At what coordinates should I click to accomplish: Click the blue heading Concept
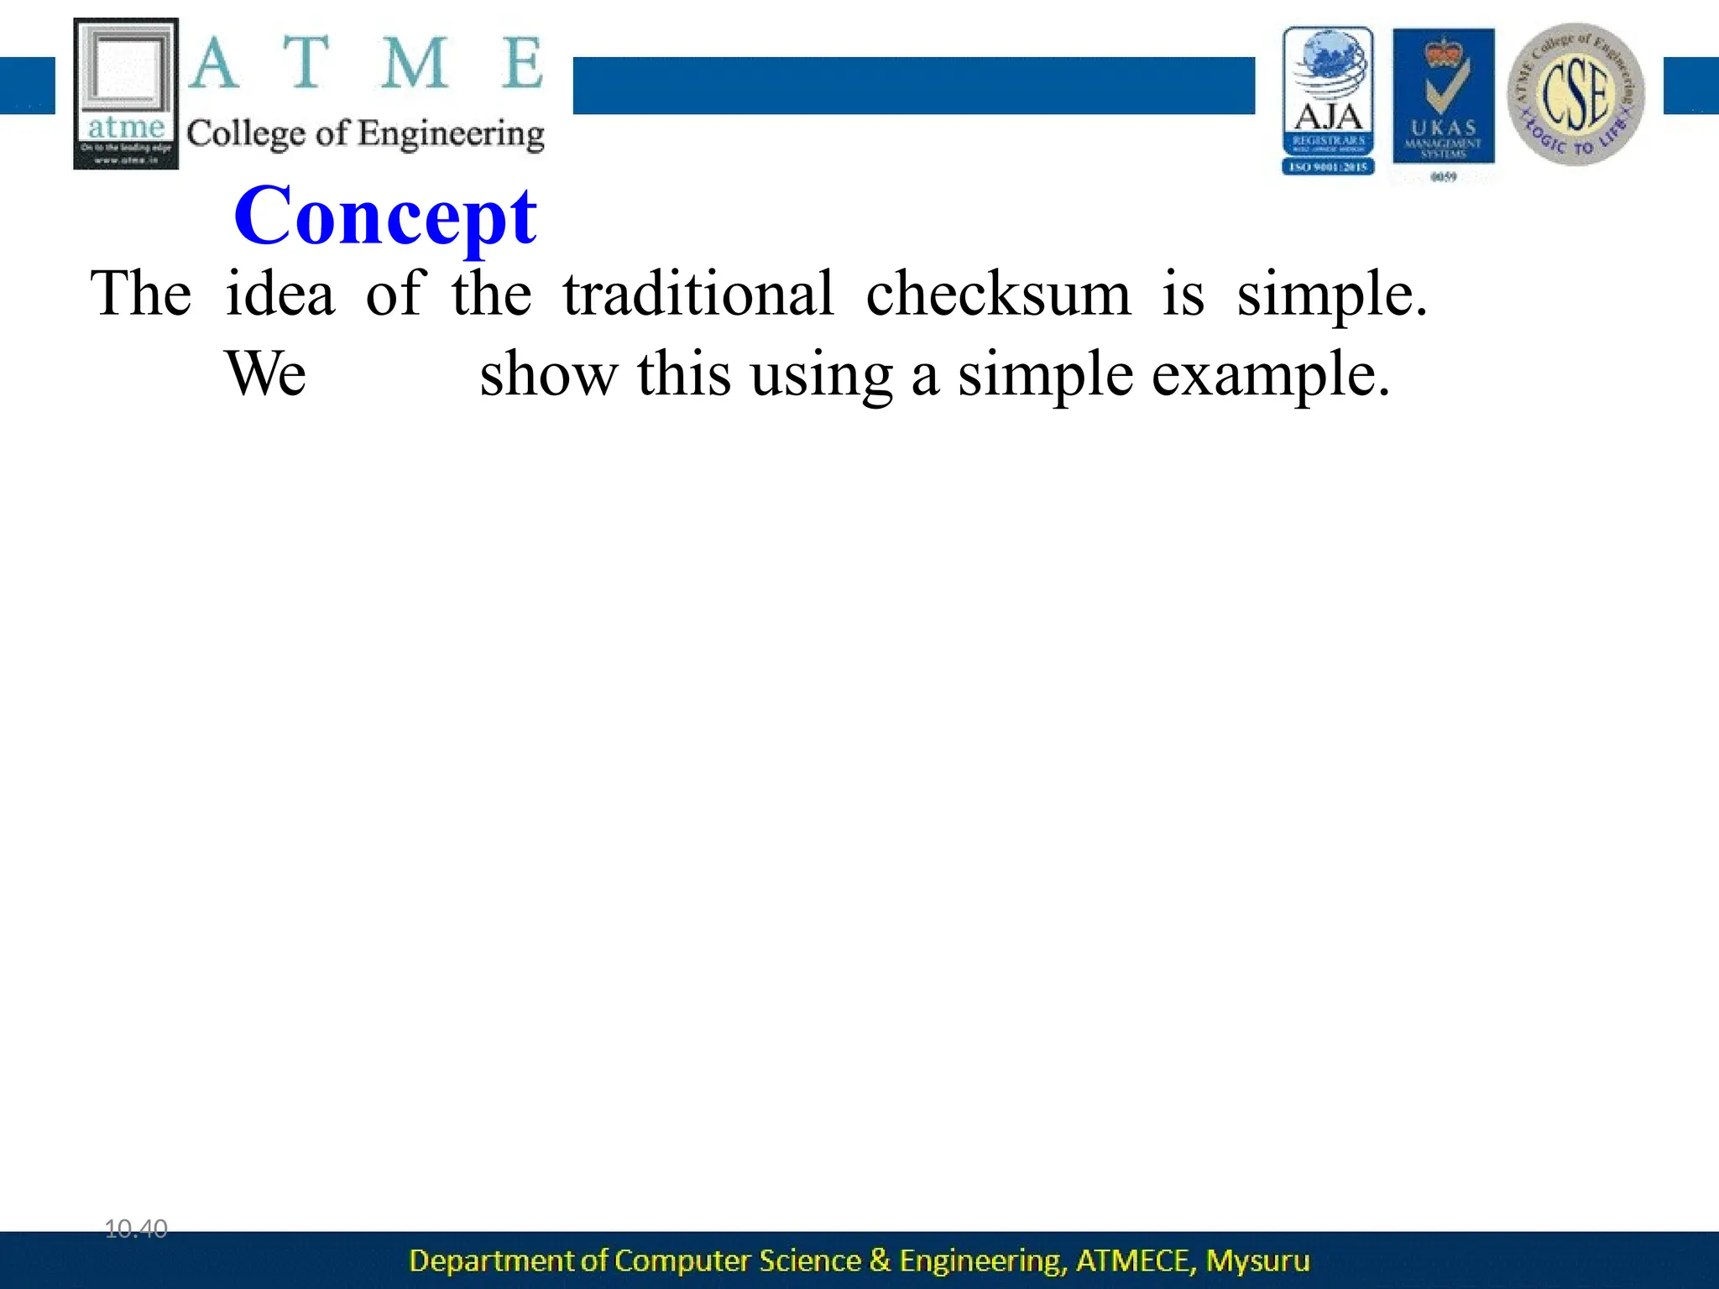pyautogui.click(x=385, y=217)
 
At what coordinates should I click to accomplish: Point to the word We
pyautogui.click(x=265, y=373)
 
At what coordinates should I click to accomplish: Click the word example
pyautogui.click(x=1270, y=375)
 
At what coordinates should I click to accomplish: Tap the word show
pyautogui.click(x=548, y=373)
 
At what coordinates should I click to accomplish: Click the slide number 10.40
pyautogui.click(x=136, y=1229)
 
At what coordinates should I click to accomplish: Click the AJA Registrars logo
pyautogui.click(x=1328, y=101)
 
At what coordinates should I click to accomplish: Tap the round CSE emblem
pyautogui.click(x=1575, y=94)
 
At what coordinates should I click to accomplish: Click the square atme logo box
pyautogui.click(x=126, y=93)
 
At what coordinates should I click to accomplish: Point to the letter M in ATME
pyautogui.click(x=414, y=64)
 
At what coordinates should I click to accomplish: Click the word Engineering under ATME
pyautogui.click(x=452, y=134)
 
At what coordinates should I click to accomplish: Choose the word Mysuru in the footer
pyautogui.click(x=1257, y=1260)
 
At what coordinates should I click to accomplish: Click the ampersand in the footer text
pyautogui.click(x=880, y=1260)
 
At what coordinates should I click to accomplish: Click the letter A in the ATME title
pyautogui.click(x=214, y=64)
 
